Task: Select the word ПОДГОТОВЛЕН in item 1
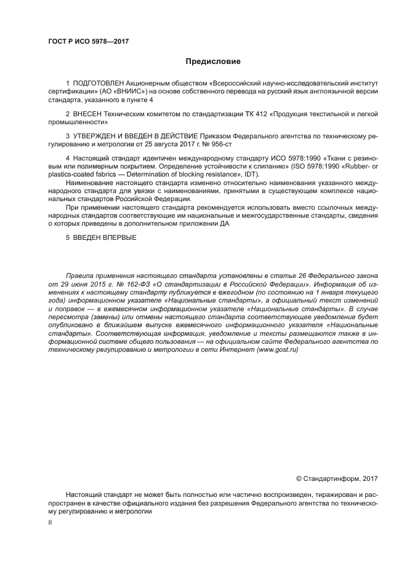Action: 99,82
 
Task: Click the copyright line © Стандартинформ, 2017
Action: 337,478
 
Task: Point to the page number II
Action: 50,522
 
